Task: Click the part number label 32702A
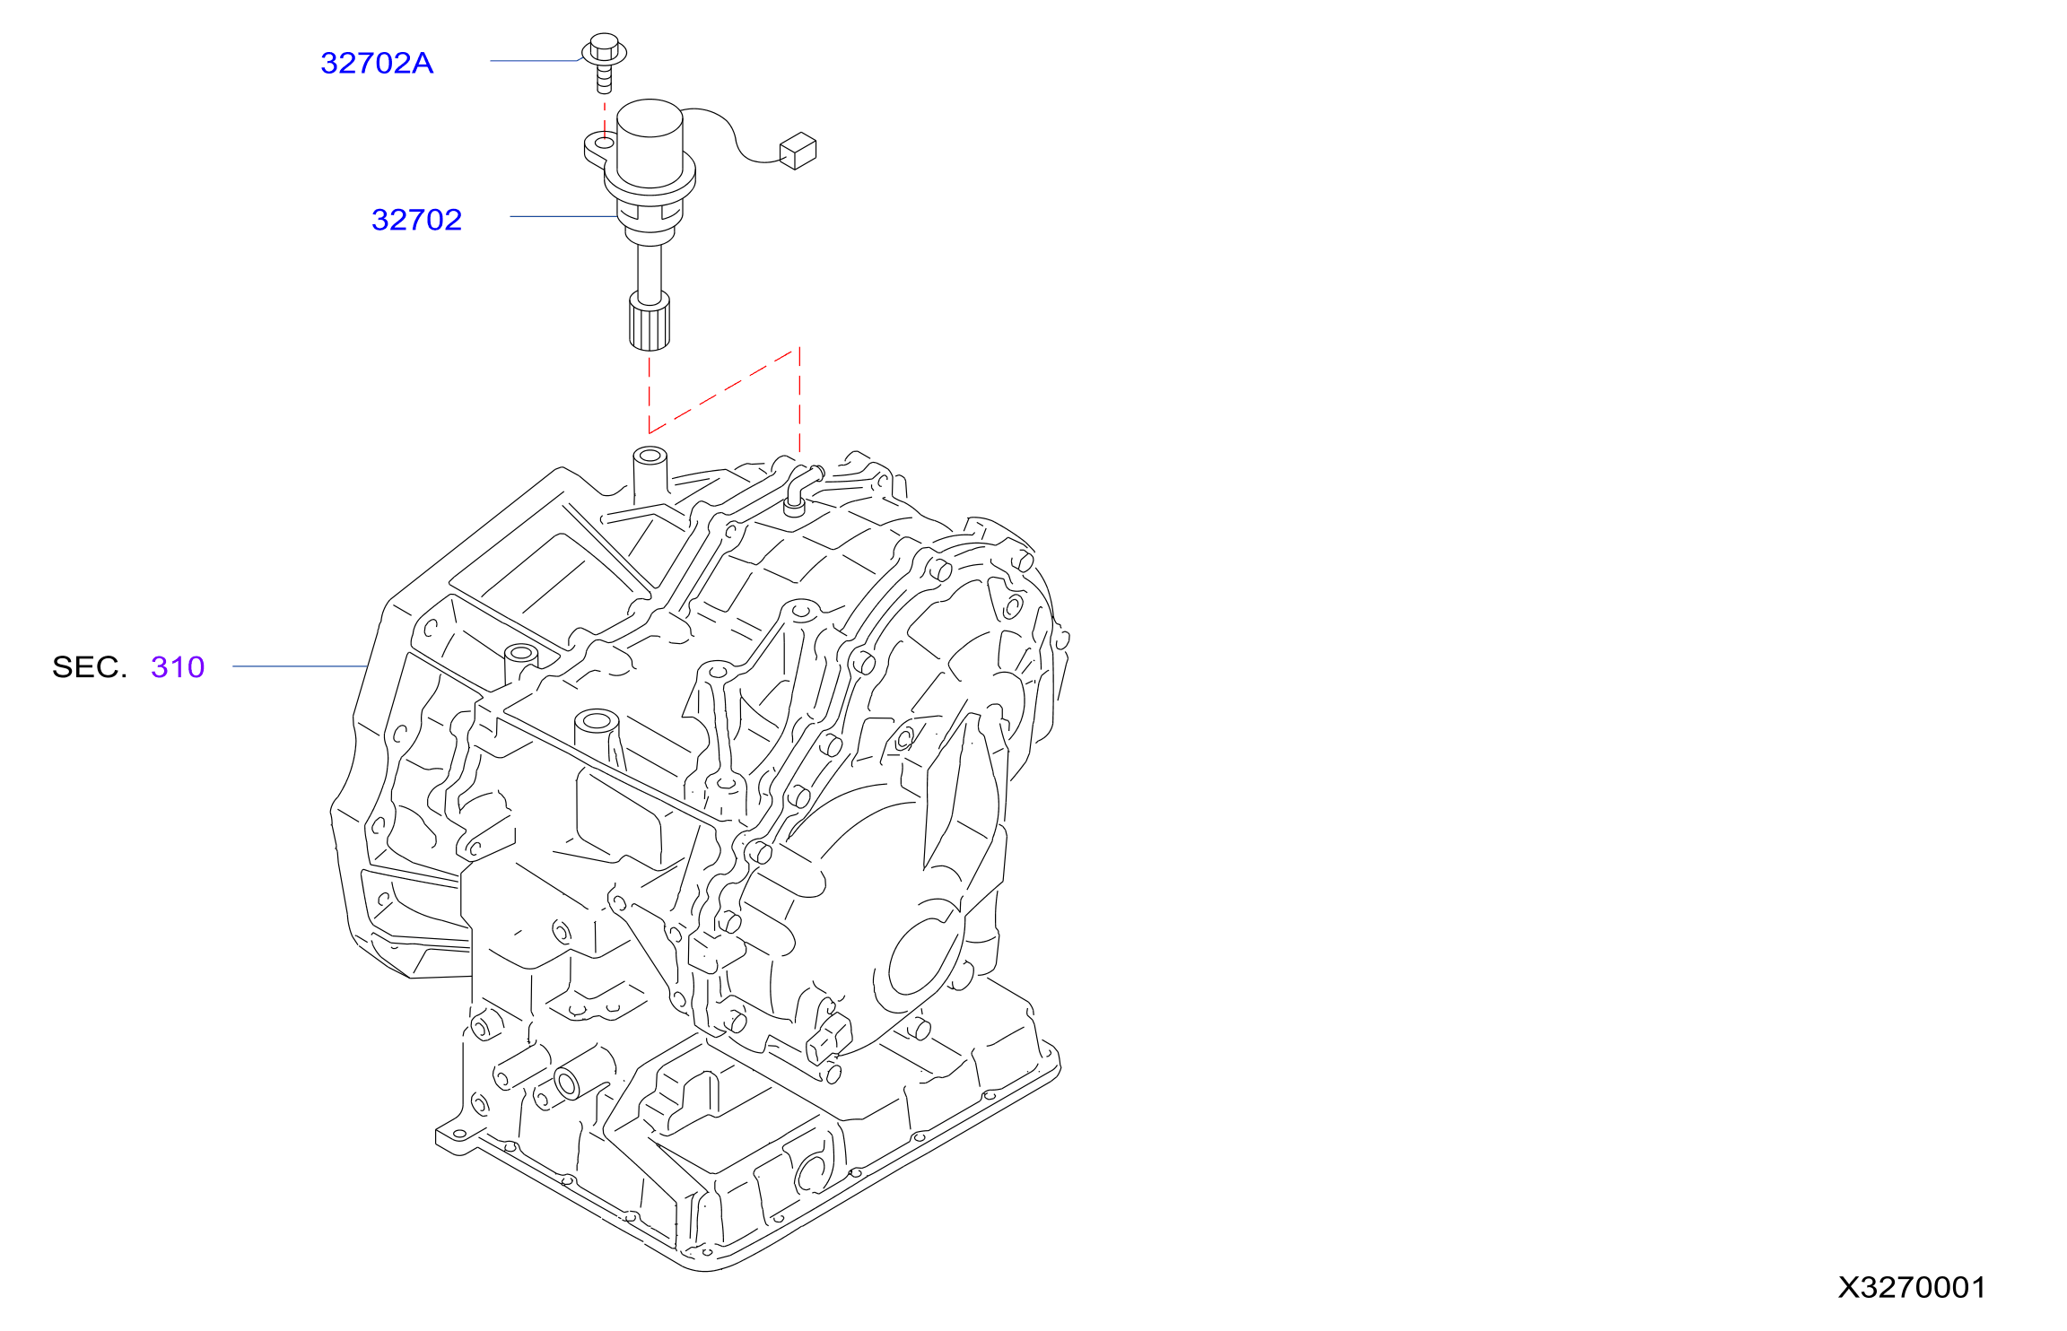click(377, 63)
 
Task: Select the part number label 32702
click(416, 220)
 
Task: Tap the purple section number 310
click(178, 667)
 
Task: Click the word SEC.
click(90, 667)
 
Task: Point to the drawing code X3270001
click(1912, 1287)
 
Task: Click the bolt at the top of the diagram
click(605, 63)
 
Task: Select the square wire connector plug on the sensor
click(798, 151)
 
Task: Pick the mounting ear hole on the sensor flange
click(605, 143)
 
